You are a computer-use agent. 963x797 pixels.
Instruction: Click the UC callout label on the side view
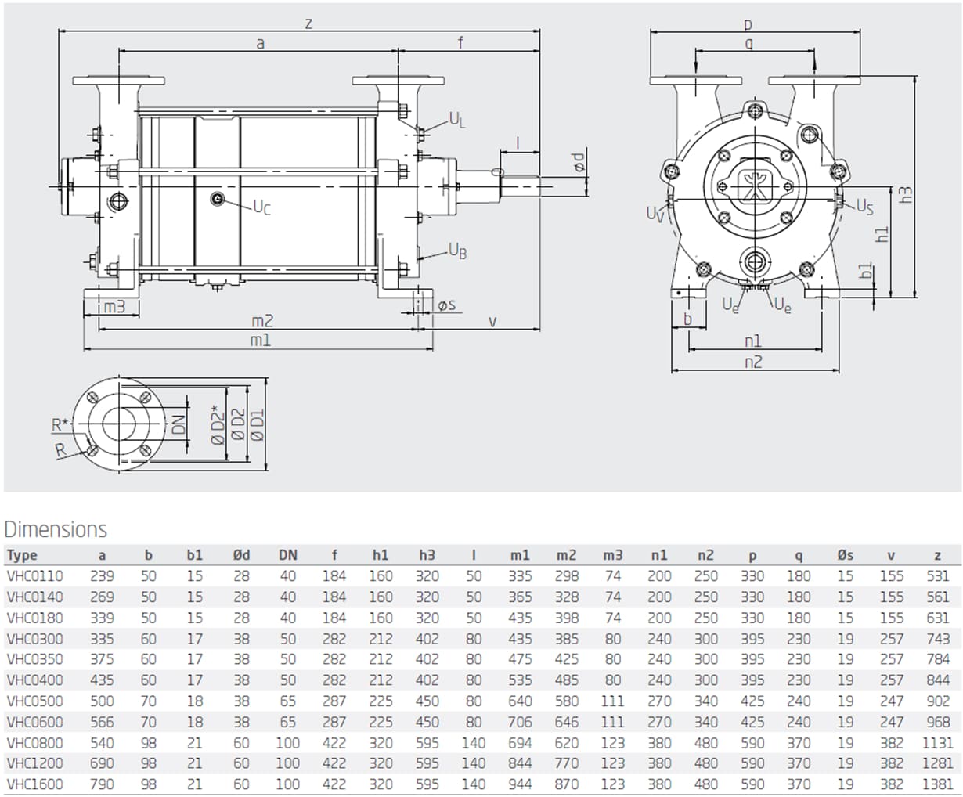coord(261,207)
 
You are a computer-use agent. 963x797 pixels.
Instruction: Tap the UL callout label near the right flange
coord(457,119)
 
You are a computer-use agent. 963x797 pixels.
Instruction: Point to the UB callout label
coord(457,251)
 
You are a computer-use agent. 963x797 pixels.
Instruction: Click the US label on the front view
coord(864,206)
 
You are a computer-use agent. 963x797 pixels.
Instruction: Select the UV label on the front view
coord(655,213)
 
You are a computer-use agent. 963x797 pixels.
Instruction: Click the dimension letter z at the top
coord(308,23)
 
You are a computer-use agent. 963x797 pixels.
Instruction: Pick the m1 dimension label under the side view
coord(260,341)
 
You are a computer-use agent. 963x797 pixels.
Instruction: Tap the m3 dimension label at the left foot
coord(114,307)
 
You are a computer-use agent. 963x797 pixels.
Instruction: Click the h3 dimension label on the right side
coord(906,194)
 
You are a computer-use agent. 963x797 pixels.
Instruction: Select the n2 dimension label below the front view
coord(752,362)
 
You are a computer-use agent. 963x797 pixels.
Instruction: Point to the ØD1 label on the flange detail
coord(258,425)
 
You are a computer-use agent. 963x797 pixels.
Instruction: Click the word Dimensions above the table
coord(56,529)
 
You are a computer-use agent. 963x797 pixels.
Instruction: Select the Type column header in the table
coord(22,555)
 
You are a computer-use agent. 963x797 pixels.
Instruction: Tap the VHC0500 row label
coord(34,701)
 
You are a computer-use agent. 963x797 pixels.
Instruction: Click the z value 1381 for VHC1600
coord(937,784)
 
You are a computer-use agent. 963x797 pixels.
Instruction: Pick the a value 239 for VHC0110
coord(102,575)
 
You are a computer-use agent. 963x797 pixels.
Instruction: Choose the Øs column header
coord(845,555)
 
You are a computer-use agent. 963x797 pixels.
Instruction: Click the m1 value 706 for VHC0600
coord(520,722)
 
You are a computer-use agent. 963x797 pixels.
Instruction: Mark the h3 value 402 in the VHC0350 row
coord(427,659)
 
